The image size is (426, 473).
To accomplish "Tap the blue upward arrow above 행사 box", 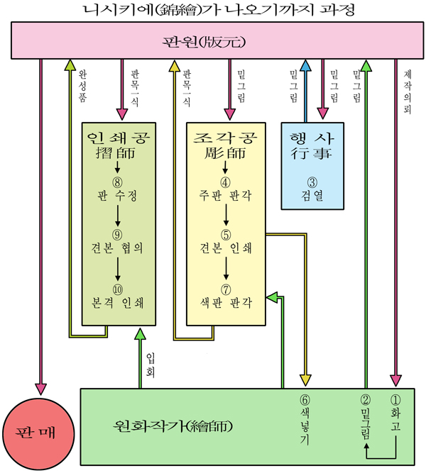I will (x=305, y=81).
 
